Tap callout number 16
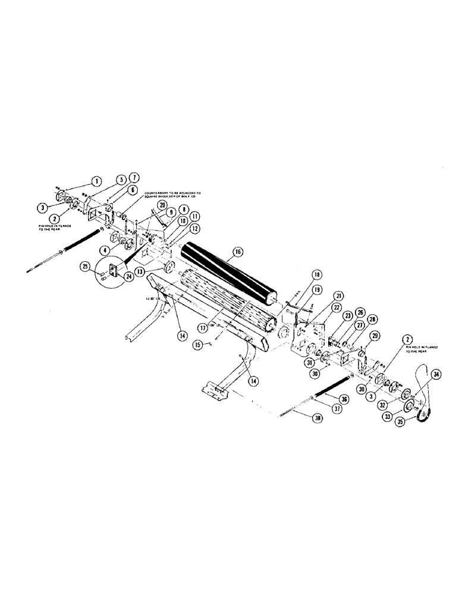(x=237, y=252)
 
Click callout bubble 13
(x=140, y=270)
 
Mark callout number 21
(x=338, y=296)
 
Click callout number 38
(x=316, y=417)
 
